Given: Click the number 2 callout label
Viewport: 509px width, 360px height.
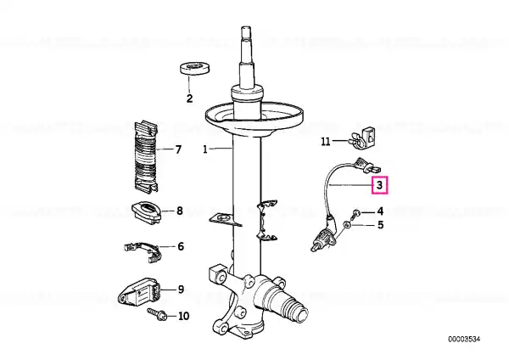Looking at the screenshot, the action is [189, 98].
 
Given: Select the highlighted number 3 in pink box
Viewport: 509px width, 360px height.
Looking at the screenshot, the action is [379, 185].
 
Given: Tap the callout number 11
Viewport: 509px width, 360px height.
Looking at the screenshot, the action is [326, 142].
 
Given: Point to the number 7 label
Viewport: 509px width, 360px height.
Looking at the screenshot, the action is [178, 149].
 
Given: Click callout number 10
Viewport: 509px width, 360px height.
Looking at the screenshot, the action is [184, 316].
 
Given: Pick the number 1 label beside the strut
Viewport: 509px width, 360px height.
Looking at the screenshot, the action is [204, 149].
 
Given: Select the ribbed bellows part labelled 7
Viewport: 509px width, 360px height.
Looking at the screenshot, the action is [146, 157].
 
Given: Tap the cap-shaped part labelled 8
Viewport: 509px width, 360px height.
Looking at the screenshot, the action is [147, 212].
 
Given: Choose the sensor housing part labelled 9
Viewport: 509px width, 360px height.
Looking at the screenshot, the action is [140, 290].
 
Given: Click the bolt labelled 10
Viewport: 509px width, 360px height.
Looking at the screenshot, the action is [158, 314].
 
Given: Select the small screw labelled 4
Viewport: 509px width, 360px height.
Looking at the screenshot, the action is [356, 213].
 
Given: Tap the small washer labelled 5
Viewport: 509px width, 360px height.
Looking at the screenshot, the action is [346, 224].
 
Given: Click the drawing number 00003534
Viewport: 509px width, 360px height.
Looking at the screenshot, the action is [464, 340].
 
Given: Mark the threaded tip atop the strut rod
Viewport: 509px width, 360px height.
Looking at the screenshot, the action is [246, 33].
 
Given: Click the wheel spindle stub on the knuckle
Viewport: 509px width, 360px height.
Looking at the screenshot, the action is [290, 303].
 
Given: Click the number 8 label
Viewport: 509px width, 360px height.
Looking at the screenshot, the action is [180, 211].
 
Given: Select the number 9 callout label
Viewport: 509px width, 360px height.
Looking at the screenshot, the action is [181, 290].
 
